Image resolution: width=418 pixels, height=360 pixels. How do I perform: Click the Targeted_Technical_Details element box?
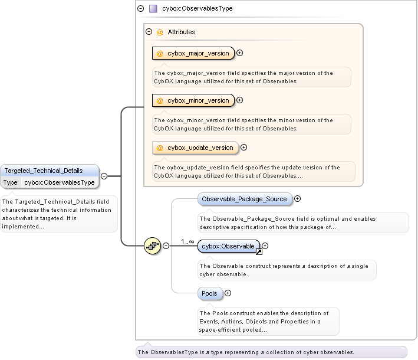tap(50, 171)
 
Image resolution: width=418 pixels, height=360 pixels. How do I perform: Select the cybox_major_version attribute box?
tap(193, 53)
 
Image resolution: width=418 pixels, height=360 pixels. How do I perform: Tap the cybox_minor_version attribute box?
tap(193, 100)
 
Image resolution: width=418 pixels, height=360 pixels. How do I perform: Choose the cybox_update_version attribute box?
tap(195, 148)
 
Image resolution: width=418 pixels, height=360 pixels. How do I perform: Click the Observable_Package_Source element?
tap(244, 199)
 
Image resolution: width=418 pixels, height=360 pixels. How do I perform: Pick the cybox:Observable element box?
tap(228, 246)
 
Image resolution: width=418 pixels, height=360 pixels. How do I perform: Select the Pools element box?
tap(209, 293)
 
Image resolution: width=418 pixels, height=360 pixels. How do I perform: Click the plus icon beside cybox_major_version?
tap(240, 53)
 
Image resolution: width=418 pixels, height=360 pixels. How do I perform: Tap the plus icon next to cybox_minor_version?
tap(240, 100)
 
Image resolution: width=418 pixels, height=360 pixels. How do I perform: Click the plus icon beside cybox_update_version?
tap(243, 148)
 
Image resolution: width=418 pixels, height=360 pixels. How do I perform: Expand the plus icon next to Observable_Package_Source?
tap(298, 199)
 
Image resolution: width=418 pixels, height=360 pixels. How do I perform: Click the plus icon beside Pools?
tap(228, 293)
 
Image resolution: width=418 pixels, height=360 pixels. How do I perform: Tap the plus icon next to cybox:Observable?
tap(265, 246)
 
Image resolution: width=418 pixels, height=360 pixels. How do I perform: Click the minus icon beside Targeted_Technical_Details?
tap(104, 175)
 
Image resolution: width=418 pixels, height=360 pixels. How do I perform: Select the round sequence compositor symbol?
tap(153, 246)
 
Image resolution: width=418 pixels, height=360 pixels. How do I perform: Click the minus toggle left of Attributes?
tap(149, 32)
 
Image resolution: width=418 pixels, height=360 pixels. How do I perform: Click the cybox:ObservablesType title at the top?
tap(197, 9)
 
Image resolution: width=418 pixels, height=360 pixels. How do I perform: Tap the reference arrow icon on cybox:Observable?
tap(258, 252)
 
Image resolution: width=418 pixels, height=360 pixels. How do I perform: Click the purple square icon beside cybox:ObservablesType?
tap(153, 9)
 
